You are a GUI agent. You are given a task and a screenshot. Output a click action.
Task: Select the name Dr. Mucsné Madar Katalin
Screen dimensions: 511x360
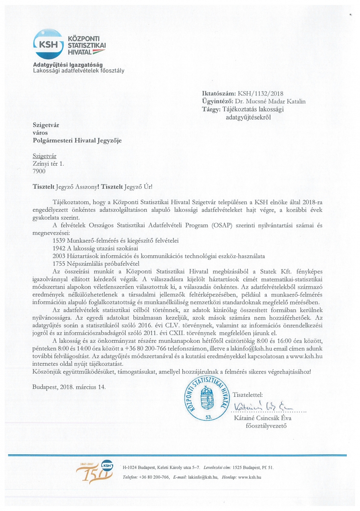point(270,101)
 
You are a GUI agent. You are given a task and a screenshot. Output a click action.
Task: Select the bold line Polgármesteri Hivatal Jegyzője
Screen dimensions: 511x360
point(77,140)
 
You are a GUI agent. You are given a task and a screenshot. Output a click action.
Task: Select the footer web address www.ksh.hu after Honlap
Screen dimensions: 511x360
point(249,477)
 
